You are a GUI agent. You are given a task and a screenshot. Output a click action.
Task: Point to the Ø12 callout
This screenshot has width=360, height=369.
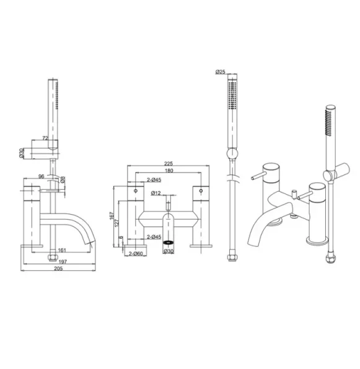tap(158, 193)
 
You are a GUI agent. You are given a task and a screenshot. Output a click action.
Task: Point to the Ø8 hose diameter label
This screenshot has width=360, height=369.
tap(63, 180)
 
